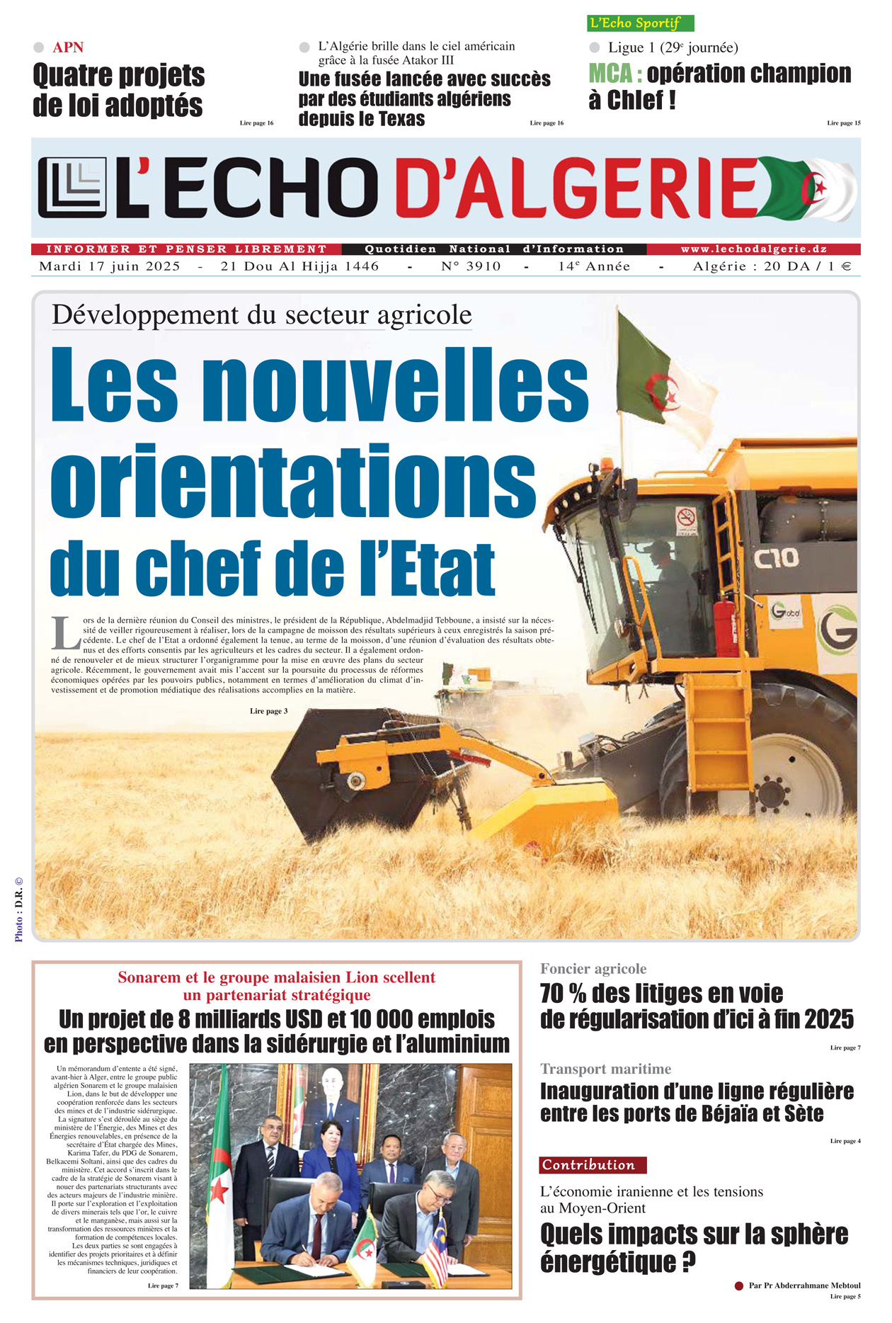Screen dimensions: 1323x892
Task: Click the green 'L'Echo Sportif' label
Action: [x=640, y=23]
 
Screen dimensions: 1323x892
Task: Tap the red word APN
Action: [x=68, y=47]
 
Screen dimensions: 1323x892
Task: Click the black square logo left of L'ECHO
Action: [x=72, y=188]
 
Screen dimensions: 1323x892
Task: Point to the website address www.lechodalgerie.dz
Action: [x=753, y=249]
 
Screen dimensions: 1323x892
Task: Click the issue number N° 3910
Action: [x=471, y=266]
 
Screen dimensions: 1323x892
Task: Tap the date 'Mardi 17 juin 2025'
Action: [x=110, y=266]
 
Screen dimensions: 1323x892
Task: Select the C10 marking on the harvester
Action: [x=776, y=559]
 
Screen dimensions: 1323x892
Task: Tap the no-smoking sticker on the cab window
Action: [x=685, y=517]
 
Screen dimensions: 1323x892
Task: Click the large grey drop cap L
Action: [x=65, y=633]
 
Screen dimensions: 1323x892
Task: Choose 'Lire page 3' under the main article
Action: [x=268, y=711]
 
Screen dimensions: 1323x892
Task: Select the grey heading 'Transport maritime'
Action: [x=605, y=1069]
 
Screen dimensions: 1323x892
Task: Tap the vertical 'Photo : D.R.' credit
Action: [x=19, y=910]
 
